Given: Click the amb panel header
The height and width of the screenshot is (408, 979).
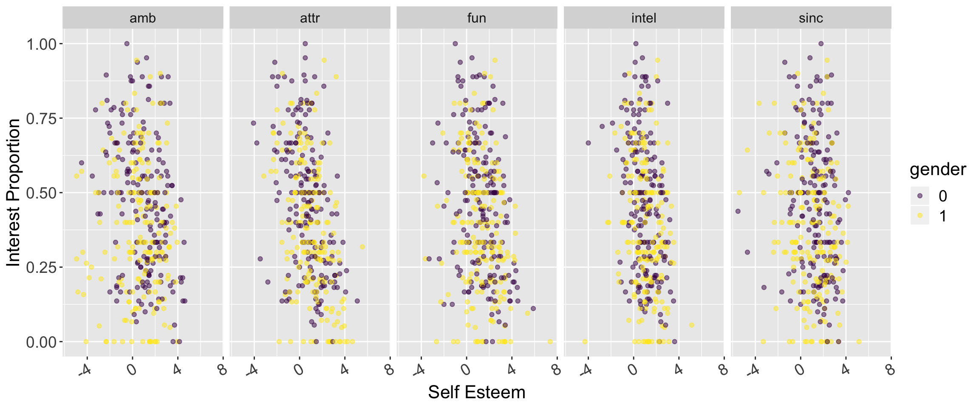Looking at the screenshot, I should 143,18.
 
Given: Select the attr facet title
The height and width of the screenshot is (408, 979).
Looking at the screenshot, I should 310,18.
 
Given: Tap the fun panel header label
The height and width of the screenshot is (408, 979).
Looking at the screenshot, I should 477,18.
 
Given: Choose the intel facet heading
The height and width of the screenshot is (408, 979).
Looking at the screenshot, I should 644,18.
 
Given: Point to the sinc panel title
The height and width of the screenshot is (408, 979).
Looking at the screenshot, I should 811,18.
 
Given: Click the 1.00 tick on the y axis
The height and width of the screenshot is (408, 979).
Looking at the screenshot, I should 42,44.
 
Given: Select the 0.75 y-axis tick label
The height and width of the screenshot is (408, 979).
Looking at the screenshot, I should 42,118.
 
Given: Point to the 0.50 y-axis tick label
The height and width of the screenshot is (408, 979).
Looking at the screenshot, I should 42,193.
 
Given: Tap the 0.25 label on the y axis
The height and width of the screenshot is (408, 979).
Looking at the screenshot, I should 42,267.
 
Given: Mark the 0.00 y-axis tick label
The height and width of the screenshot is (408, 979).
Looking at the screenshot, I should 42,342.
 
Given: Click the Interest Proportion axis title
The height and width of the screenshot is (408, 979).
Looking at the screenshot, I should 13,193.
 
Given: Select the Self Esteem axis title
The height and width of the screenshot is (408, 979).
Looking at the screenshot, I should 477,392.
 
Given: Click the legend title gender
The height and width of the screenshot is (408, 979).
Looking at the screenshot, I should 938,170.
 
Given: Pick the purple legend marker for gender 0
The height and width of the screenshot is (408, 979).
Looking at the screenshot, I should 920,196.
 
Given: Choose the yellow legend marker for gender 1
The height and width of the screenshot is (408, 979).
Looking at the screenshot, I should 920,216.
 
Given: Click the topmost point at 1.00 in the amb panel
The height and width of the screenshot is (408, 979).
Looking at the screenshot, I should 127,43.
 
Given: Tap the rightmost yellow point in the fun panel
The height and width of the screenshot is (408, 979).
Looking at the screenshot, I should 550,341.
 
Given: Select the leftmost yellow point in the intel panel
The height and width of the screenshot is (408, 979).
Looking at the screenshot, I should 585,341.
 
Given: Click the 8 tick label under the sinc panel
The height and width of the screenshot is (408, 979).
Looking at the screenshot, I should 890,370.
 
